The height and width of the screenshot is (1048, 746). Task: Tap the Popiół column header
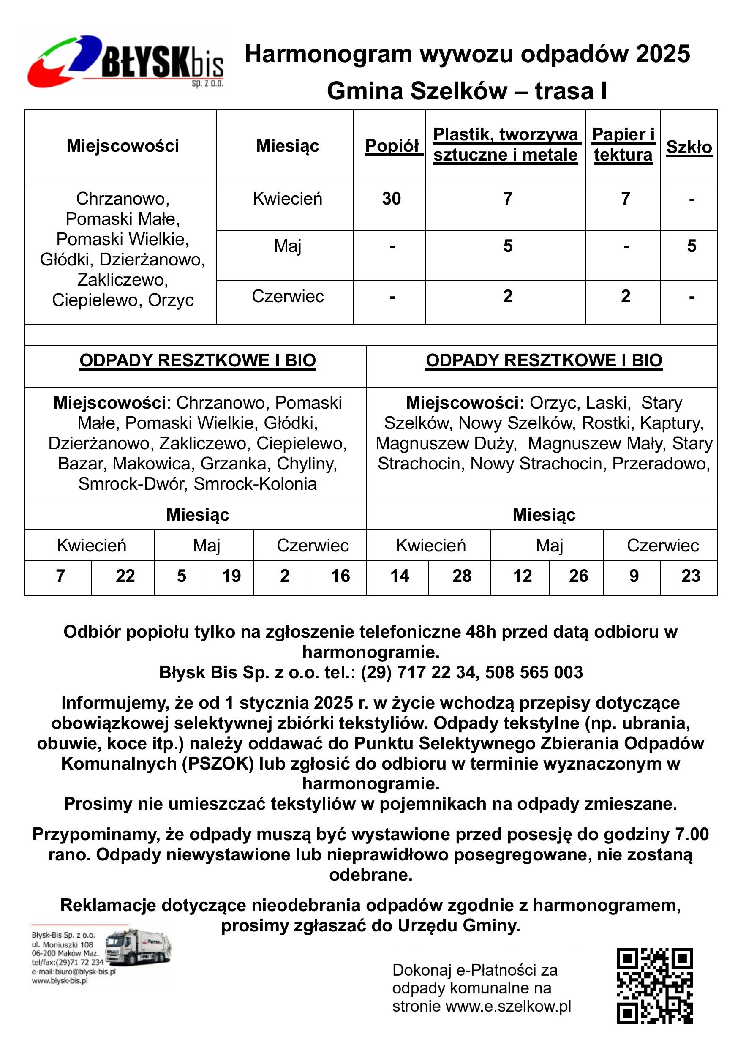coord(392,146)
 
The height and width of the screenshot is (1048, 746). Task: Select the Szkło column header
coord(689,147)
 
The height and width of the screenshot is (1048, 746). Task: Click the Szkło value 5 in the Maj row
coord(692,246)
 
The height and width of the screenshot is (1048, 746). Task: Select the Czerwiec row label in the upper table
coord(288,296)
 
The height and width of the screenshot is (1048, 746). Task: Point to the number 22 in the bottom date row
coord(125,576)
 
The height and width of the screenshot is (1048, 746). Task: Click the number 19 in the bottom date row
coord(231,576)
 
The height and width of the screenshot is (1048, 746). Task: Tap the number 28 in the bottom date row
coord(462,576)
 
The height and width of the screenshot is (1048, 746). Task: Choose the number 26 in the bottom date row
coord(578,576)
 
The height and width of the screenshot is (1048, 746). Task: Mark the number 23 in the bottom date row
coord(690,576)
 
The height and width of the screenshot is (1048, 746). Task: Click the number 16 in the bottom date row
coord(340,576)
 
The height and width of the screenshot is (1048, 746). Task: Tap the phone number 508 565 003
coord(534,672)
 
